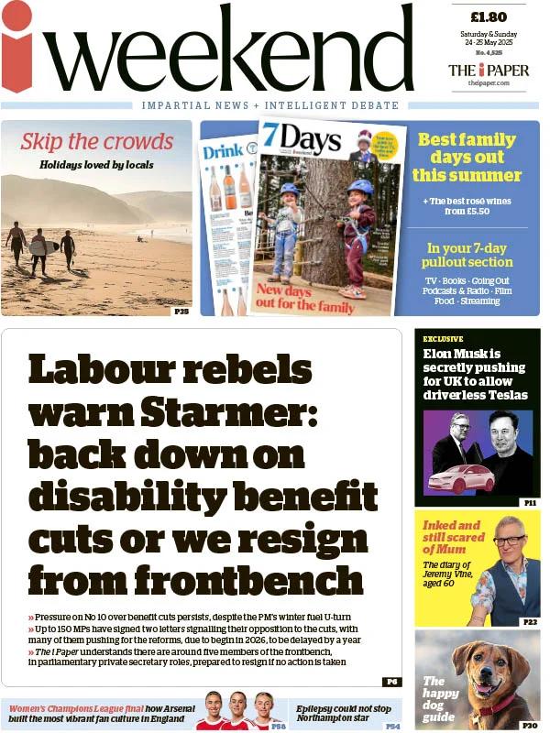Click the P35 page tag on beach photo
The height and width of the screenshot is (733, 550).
(x=181, y=312)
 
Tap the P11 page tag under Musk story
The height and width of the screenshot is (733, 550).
(x=530, y=503)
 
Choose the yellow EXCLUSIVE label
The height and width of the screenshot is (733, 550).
(x=444, y=339)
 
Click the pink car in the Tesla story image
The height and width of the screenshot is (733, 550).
(x=458, y=478)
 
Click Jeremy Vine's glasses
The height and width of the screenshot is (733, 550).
(x=510, y=541)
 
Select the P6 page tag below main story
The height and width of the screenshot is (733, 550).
(x=391, y=682)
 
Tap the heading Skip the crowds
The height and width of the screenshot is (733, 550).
(x=96, y=142)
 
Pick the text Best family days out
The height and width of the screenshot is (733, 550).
(x=467, y=157)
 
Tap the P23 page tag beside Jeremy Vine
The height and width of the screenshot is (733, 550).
(x=530, y=622)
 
